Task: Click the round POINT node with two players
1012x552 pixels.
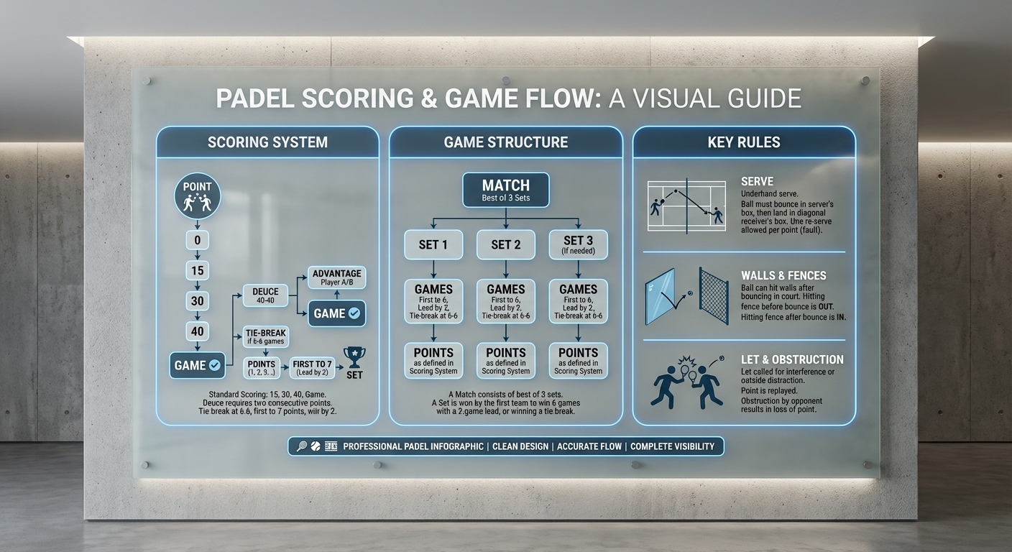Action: pyautogui.click(x=197, y=196)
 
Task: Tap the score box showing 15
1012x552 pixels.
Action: pyautogui.click(x=197, y=271)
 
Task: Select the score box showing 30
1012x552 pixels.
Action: pyautogui.click(x=197, y=301)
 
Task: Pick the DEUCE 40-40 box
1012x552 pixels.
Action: pyautogui.click(x=265, y=295)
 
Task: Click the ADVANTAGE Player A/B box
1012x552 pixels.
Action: pyautogui.click(x=336, y=277)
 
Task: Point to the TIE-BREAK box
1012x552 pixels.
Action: pyautogui.click(x=265, y=336)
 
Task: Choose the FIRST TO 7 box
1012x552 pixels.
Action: pyautogui.click(x=313, y=368)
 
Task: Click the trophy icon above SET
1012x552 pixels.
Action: pyautogui.click(x=354, y=356)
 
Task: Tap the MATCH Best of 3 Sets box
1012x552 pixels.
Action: pyautogui.click(x=506, y=190)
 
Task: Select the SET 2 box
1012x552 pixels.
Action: pyautogui.click(x=506, y=244)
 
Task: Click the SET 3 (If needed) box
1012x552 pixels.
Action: pyautogui.click(x=578, y=244)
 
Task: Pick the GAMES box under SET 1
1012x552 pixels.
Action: pyautogui.click(x=433, y=301)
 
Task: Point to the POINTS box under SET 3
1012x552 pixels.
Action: pyautogui.click(x=578, y=360)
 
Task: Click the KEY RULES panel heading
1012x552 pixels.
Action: pyautogui.click(x=744, y=142)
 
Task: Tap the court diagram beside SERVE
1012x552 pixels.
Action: pyautogui.click(x=686, y=205)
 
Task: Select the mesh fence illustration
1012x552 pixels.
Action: pyautogui.click(x=714, y=295)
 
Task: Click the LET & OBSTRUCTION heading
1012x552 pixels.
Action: pyautogui.click(x=792, y=359)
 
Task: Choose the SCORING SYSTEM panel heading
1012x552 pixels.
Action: pyautogui.click(x=267, y=142)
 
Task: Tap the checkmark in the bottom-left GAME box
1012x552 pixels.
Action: pyautogui.click(x=214, y=365)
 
